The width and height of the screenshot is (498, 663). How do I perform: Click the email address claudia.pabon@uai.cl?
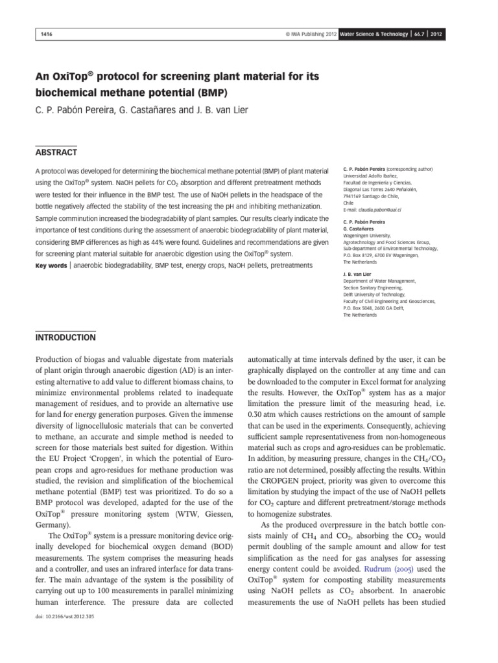pos(377,210)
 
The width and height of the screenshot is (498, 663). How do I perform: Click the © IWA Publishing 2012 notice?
pos(308,33)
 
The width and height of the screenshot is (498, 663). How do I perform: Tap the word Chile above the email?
pos(349,203)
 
